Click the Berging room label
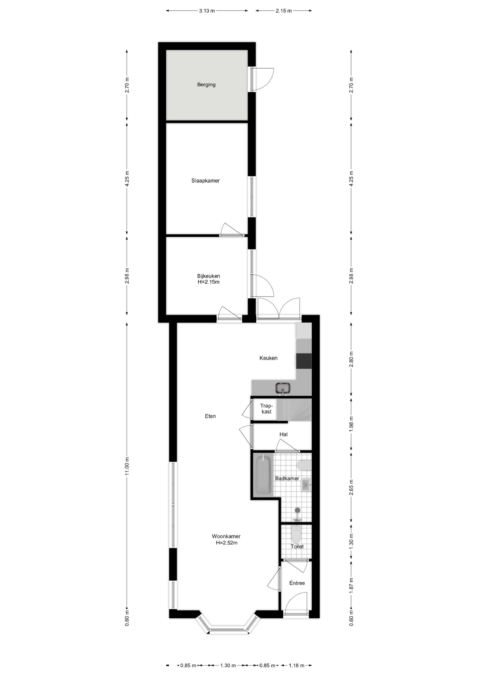pos(206,85)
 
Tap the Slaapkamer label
pos(205,181)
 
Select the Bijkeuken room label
pos(209,276)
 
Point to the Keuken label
pos(268,358)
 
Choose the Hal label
pos(283,434)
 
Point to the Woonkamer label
pos(226,536)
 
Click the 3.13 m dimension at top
pos(207,11)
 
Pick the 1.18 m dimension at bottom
pos(296,665)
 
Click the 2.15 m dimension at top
pos(284,11)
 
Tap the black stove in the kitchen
pos(304,361)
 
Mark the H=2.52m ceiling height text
pos(227,543)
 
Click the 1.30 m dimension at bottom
pos(228,665)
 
